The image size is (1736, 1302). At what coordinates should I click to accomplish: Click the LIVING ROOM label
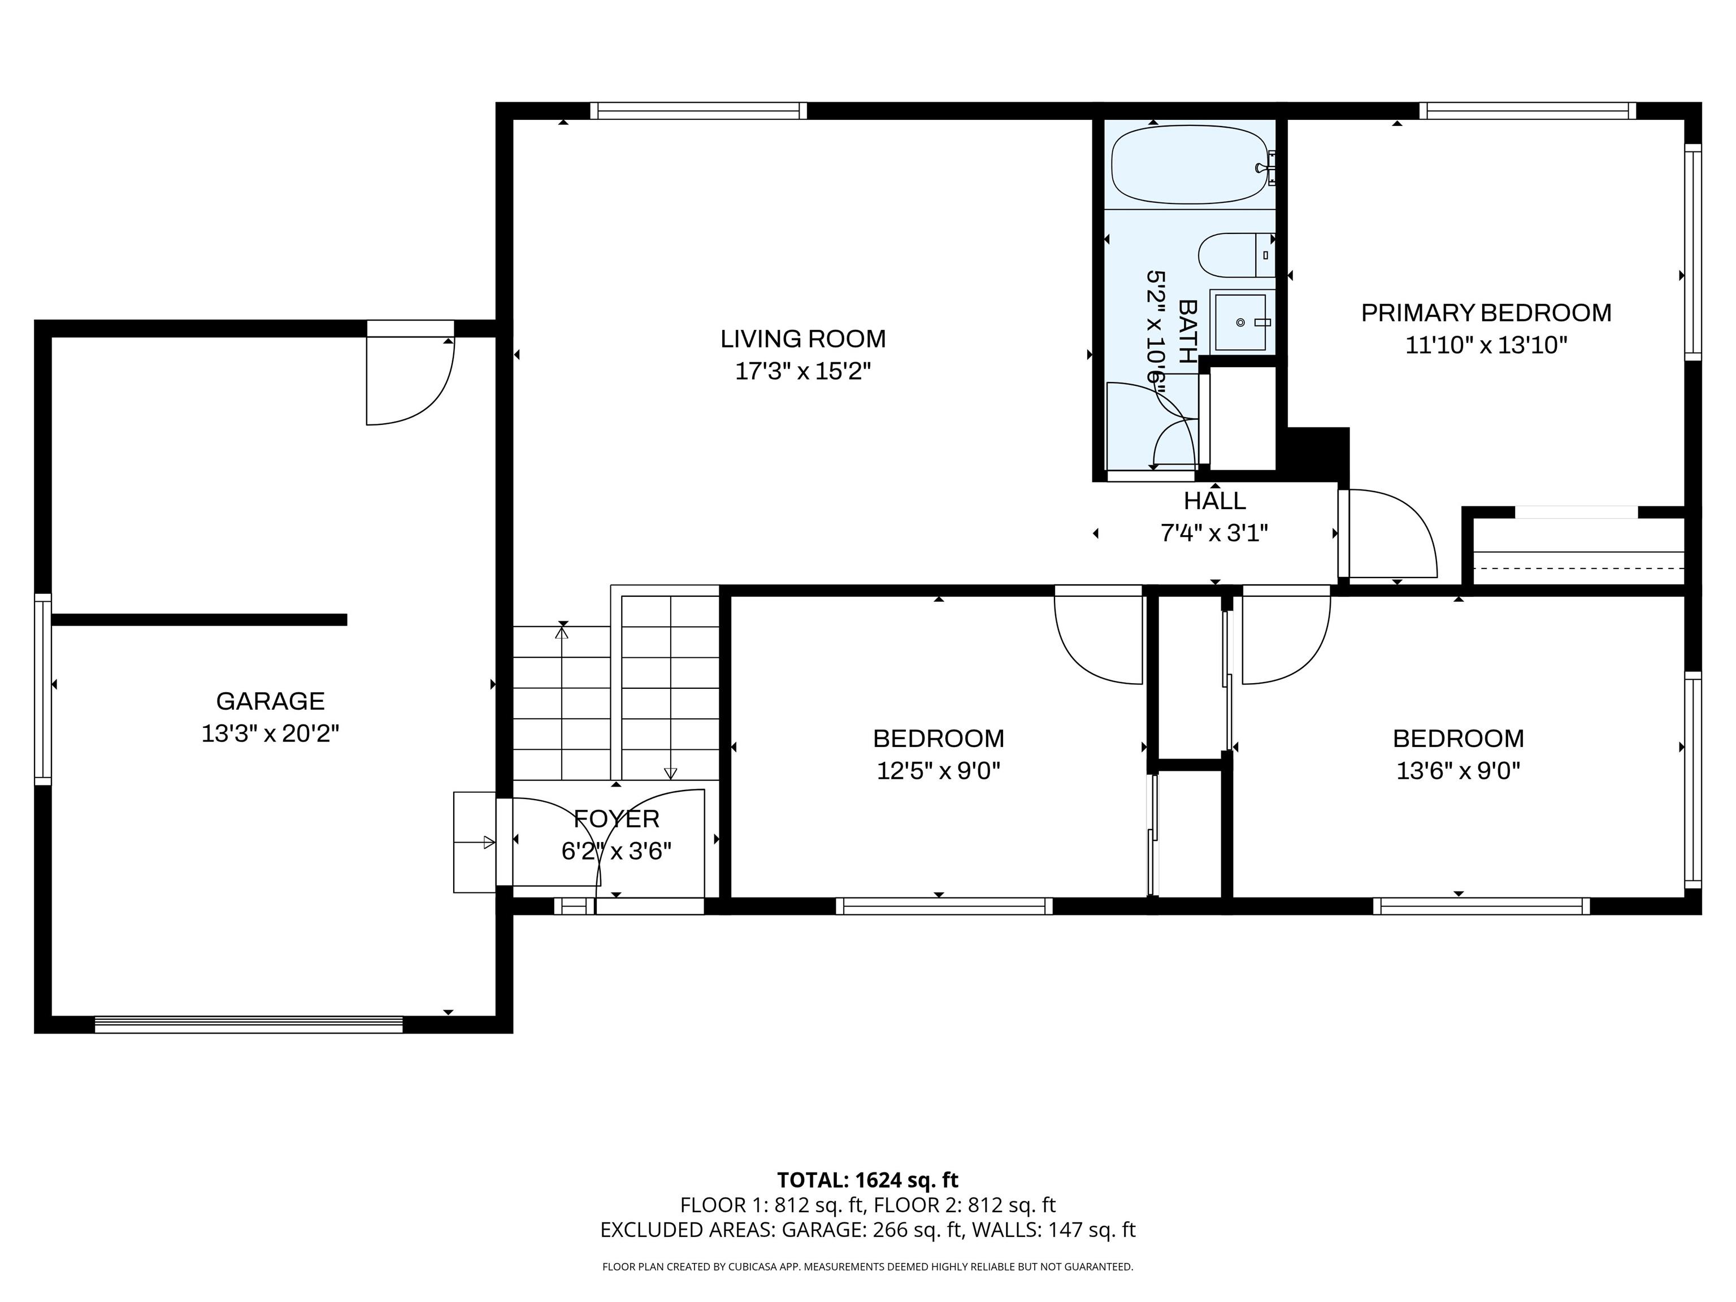(803, 339)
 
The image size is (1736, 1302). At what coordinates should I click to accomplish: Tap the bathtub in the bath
(1189, 166)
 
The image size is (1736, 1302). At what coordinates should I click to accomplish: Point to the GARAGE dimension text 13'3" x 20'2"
(270, 734)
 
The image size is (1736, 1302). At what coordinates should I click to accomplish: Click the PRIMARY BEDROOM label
(1486, 313)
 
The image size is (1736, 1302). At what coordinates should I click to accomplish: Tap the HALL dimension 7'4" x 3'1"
(1214, 533)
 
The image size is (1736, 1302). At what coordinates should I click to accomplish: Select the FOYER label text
(616, 819)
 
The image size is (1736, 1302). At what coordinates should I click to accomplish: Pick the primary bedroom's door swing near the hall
(1391, 533)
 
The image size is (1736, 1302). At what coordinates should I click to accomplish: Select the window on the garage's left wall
(43, 689)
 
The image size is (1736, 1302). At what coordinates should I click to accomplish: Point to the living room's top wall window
(698, 111)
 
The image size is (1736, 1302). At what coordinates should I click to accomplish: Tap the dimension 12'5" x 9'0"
(938, 771)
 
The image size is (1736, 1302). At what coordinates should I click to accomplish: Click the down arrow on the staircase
(670, 773)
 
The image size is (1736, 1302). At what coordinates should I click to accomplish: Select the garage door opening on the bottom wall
(249, 1024)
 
